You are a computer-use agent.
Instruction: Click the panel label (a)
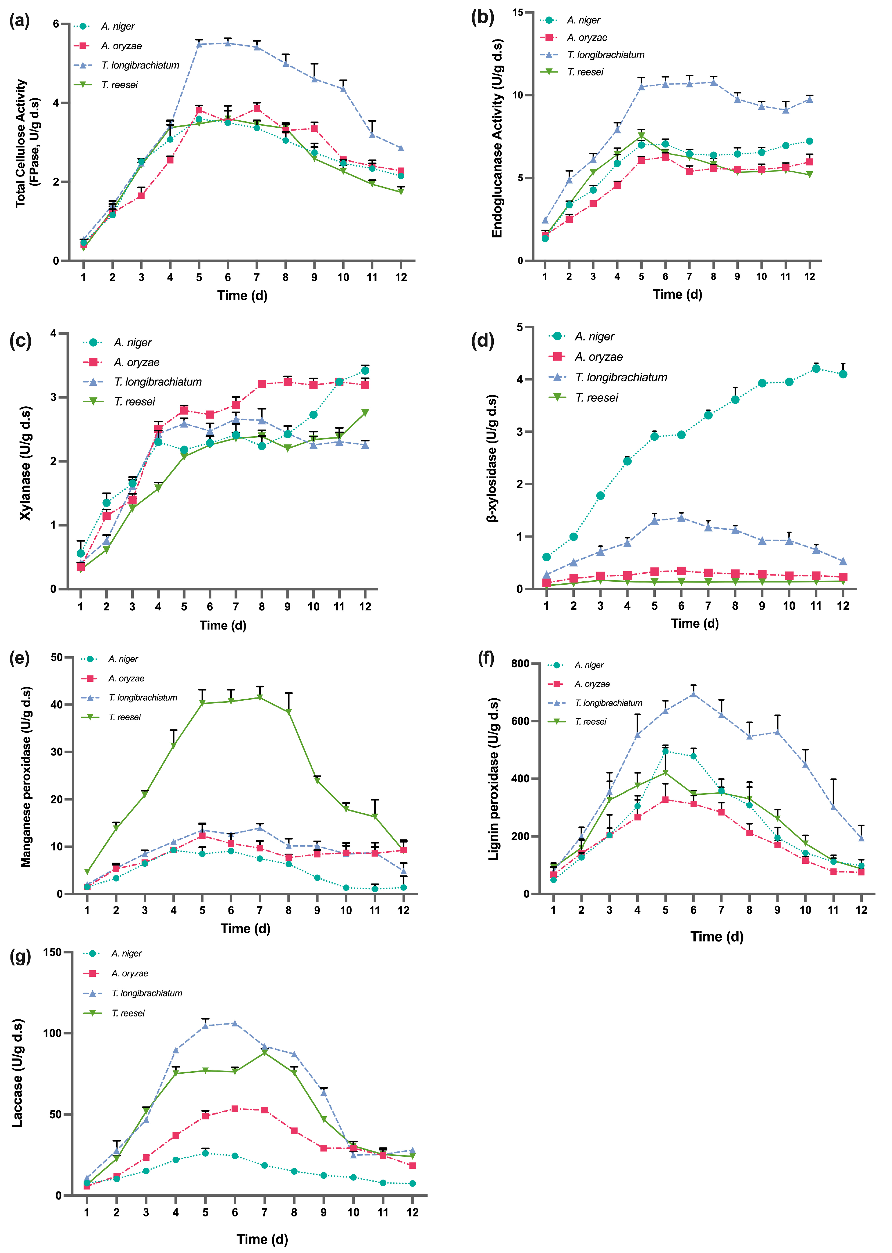(20, 21)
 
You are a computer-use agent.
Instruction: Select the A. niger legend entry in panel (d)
(594, 336)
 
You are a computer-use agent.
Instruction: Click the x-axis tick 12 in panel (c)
(365, 606)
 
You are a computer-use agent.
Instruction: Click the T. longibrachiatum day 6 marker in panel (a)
(228, 43)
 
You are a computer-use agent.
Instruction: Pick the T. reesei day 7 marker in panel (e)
(260, 697)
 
